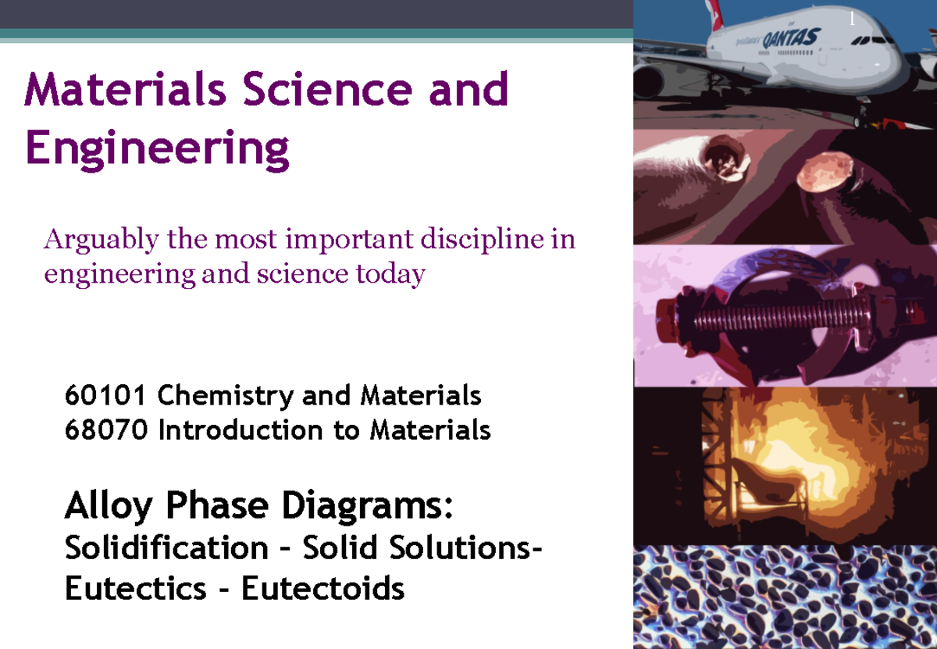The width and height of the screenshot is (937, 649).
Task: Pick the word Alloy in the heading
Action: (109, 508)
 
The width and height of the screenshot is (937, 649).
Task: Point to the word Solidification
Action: (166, 548)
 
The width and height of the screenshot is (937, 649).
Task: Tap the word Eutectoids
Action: (322, 588)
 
